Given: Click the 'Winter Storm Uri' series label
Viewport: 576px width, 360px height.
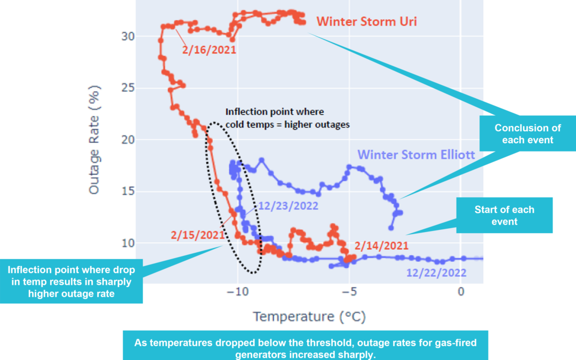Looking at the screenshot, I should click(x=366, y=22).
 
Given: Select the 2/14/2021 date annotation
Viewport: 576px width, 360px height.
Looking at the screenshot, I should click(x=382, y=246).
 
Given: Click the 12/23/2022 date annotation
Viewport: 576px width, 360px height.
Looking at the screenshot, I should click(x=289, y=206).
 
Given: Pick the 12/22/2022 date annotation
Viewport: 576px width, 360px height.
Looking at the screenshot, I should click(x=436, y=273).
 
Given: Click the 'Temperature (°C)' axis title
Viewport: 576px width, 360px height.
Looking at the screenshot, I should click(x=309, y=316).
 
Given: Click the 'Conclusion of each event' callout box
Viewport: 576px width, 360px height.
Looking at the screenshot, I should click(x=527, y=133).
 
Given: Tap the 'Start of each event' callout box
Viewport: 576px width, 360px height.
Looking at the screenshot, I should click(x=504, y=215).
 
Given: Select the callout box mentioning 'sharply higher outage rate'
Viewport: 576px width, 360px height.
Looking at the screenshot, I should click(x=71, y=282).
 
